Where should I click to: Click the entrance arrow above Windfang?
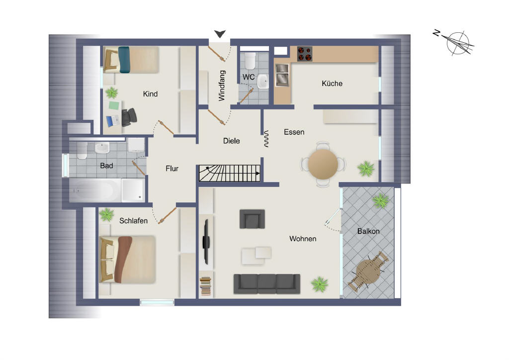[220, 34]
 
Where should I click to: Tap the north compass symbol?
[454, 42]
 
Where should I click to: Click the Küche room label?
[332, 84]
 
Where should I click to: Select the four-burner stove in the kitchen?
[305, 54]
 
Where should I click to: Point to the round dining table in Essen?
[323, 164]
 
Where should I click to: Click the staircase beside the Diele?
[230, 174]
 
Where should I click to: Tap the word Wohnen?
[303, 239]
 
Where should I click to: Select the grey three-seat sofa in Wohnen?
[267, 284]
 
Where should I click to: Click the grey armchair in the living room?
[252, 219]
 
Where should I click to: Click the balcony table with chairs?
[368, 271]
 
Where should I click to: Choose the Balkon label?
[368, 231]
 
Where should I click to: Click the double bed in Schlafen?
[127, 260]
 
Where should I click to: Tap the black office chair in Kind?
[129, 117]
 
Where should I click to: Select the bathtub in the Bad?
[95, 190]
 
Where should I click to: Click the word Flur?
[171, 169]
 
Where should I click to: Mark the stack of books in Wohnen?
[205, 286]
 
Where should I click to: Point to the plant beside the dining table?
[366, 169]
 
